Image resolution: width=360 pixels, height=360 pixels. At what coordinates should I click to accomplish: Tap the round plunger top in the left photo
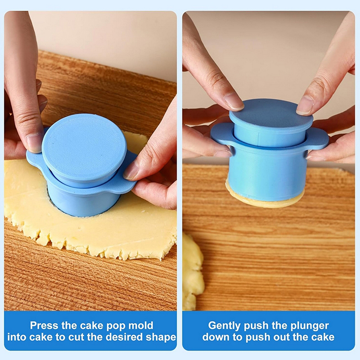(84, 147)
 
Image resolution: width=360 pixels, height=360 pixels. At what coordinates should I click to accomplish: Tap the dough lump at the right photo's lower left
(193, 271)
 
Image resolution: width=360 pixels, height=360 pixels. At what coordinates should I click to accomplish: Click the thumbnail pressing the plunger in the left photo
(33, 144)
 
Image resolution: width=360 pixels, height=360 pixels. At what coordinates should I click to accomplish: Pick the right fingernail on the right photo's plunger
(305, 105)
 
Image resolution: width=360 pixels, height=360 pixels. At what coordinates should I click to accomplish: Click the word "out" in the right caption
(301, 337)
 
